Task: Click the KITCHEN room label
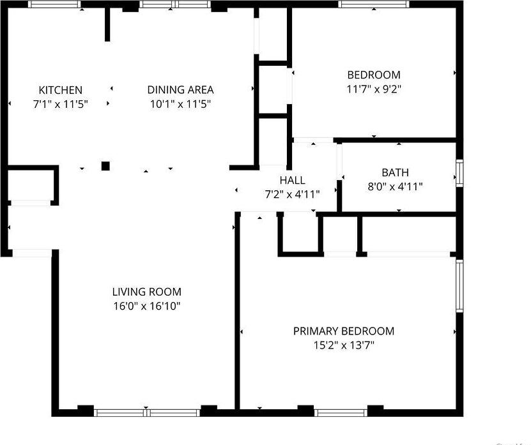tap(60, 90)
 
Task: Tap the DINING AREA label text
tap(180, 90)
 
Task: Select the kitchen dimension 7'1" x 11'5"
tap(60, 103)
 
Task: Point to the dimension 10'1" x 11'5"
tap(180, 103)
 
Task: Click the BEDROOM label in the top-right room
tap(373, 75)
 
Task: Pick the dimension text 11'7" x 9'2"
tap(373, 89)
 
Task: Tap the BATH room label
tap(395, 172)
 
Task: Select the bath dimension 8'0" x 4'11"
tap(395, 186)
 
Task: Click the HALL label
tap(292, 181)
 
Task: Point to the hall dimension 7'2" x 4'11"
tap(292, 194)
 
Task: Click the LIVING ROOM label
tap(147, 292)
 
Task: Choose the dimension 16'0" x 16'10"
tap(147, 306)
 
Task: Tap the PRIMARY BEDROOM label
tap(343, 331)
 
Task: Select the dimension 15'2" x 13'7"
tap(343, 345)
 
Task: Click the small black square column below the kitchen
tap(105, 166)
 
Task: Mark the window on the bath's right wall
tap(459, 173)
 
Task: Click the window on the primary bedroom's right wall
tap(459, 285)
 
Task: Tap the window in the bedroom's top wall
tap(374, 4)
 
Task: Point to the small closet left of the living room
tap(30, 185)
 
